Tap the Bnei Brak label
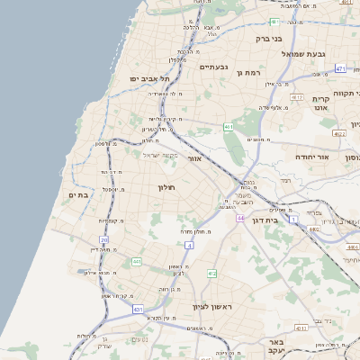coord(265,38)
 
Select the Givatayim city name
coord(214,67)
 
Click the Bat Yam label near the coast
coord(77,194)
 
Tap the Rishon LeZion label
coord(212,308)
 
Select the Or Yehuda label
coord(313,157)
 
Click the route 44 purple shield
coord(240,219)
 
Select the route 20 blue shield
coord(104,240)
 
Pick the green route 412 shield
coord(211,274)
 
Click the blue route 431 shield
coord(138,309)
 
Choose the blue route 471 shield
coord(340,68)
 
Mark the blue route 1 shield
coord(293,219)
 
